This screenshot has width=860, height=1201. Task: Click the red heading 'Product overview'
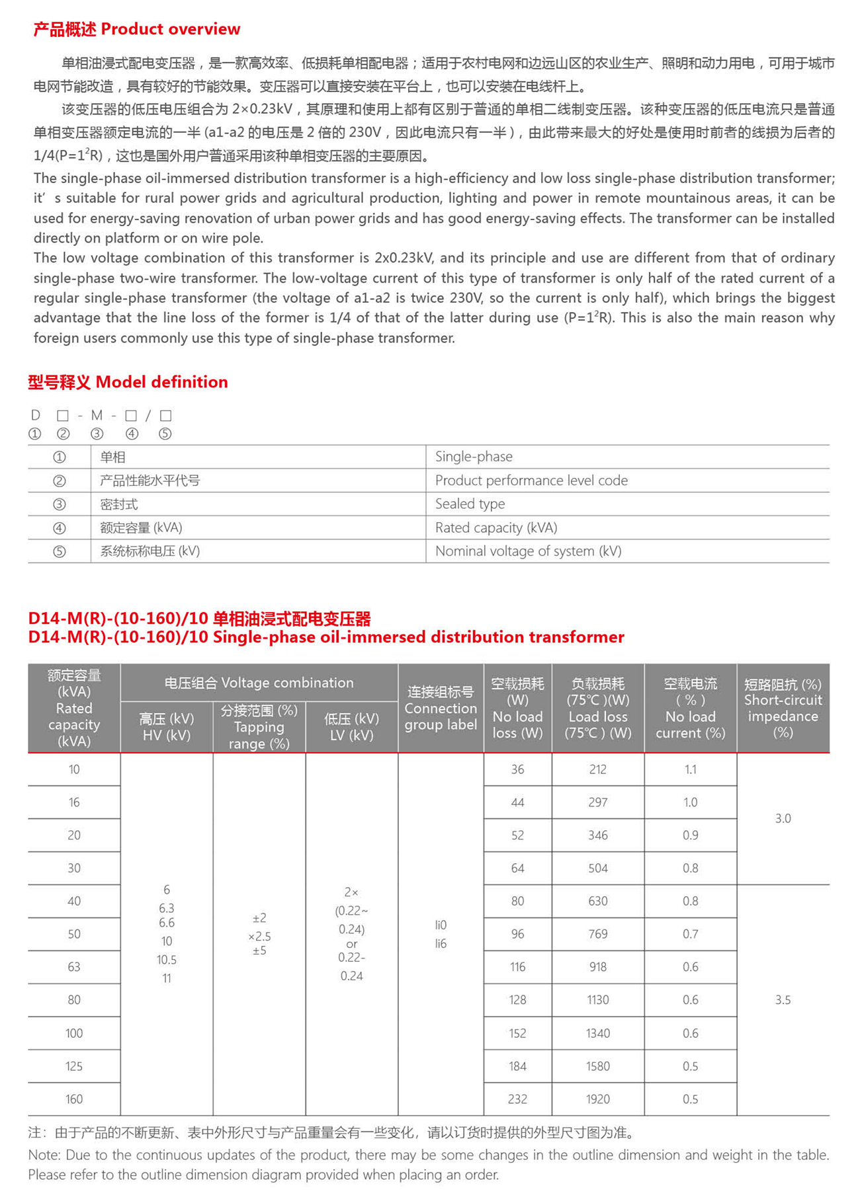170,29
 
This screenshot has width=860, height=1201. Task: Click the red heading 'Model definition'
161,382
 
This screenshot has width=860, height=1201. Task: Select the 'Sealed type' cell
470,504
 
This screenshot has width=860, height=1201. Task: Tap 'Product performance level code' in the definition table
531,481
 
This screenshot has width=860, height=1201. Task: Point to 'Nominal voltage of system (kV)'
528,551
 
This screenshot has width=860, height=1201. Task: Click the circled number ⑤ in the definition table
60,551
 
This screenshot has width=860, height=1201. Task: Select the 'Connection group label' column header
441,708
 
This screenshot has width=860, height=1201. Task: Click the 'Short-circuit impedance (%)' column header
783,708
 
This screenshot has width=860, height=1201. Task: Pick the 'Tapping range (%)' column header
259,727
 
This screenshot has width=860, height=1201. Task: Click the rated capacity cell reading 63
74,967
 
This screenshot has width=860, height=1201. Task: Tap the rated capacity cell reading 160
74,1099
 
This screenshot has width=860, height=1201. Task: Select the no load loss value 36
517,769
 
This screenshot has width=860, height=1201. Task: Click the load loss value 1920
598,1099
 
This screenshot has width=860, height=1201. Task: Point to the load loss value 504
598,868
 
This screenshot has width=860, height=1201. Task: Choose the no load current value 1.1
690,769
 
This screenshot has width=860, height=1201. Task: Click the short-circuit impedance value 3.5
783,1000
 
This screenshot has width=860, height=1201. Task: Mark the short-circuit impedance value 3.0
783,818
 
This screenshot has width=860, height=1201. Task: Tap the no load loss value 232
517,1099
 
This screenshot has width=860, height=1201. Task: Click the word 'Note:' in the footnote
44,1155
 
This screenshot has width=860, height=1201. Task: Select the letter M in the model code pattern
97,415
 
